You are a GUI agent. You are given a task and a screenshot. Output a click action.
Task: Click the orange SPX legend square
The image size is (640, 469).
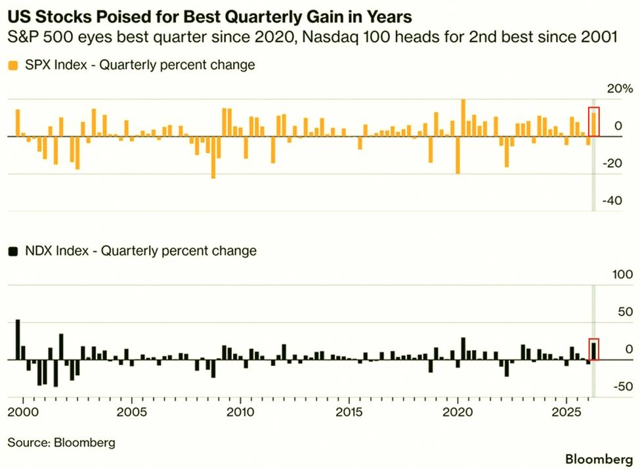tap(13, 66)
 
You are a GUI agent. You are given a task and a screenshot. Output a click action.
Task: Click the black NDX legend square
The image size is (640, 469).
tap(13, 251)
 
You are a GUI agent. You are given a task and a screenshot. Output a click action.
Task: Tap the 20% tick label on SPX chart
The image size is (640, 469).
tap(620, 89)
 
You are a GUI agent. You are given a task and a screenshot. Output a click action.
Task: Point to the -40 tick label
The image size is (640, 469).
tap(612, 200)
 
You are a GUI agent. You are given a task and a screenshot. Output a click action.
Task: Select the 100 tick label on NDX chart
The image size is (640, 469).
tap(623, 275)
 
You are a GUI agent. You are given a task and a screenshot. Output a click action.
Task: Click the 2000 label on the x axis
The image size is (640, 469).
tap(23, 412)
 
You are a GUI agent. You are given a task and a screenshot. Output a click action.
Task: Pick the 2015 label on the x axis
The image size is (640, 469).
tap(349, 412)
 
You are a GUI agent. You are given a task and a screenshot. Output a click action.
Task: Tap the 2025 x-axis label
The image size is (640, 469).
tap(566, 412)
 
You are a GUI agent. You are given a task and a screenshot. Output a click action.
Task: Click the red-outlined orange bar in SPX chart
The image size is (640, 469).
tap(594, 124)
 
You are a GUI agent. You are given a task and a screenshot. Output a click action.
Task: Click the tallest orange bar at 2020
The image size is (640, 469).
tap(463, 118)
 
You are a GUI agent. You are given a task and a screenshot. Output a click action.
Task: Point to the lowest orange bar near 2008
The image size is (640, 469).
tap(213, 157)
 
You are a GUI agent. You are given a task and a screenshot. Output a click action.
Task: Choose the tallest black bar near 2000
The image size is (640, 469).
tap(18, 340)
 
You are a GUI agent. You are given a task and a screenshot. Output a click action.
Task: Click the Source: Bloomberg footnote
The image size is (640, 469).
tap(61, 443)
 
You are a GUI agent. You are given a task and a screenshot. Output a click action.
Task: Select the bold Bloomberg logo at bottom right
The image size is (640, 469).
tap(599, 459)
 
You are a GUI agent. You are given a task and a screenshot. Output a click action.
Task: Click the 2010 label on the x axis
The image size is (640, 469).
tap(240, 412)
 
